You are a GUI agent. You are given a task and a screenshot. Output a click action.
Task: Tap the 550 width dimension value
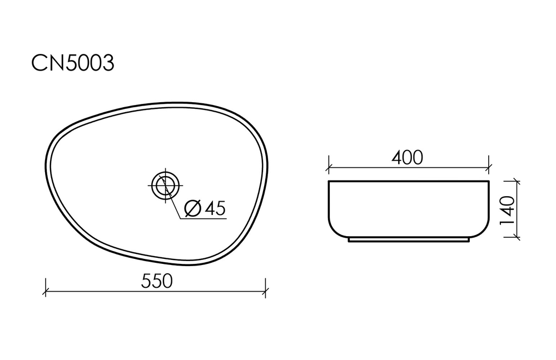156,281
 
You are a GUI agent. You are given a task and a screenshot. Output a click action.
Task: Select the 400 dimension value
408,158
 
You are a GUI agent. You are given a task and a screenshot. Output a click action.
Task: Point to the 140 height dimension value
507,211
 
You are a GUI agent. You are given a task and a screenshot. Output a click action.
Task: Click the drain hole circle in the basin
165,185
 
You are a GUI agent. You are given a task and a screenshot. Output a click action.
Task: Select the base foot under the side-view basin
409,241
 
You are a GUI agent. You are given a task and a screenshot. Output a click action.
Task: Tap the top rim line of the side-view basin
409,182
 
